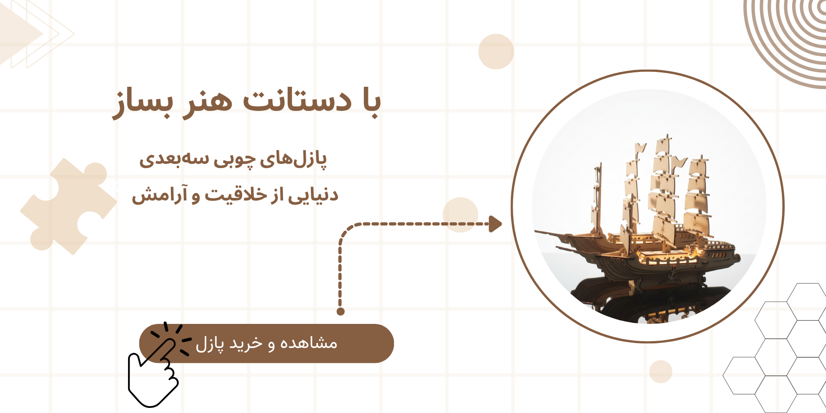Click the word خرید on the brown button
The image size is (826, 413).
(x=248, y=343)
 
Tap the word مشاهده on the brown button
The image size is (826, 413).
(x=309, y=343)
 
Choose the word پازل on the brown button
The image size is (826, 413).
(x=210, y=344)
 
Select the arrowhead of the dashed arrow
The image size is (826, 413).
(x=496, y=224)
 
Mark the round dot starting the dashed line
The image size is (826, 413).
(x=341, y=311)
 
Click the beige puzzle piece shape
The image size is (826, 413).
(x=68, y=206)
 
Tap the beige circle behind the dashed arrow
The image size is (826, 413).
(x=460, y=215)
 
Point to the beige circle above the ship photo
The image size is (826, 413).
(x=496, y=52)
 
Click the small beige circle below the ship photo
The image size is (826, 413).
(x=661, y=371)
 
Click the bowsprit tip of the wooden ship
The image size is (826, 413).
(x=535, y=231)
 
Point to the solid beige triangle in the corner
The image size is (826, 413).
(x=16, y=33)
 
